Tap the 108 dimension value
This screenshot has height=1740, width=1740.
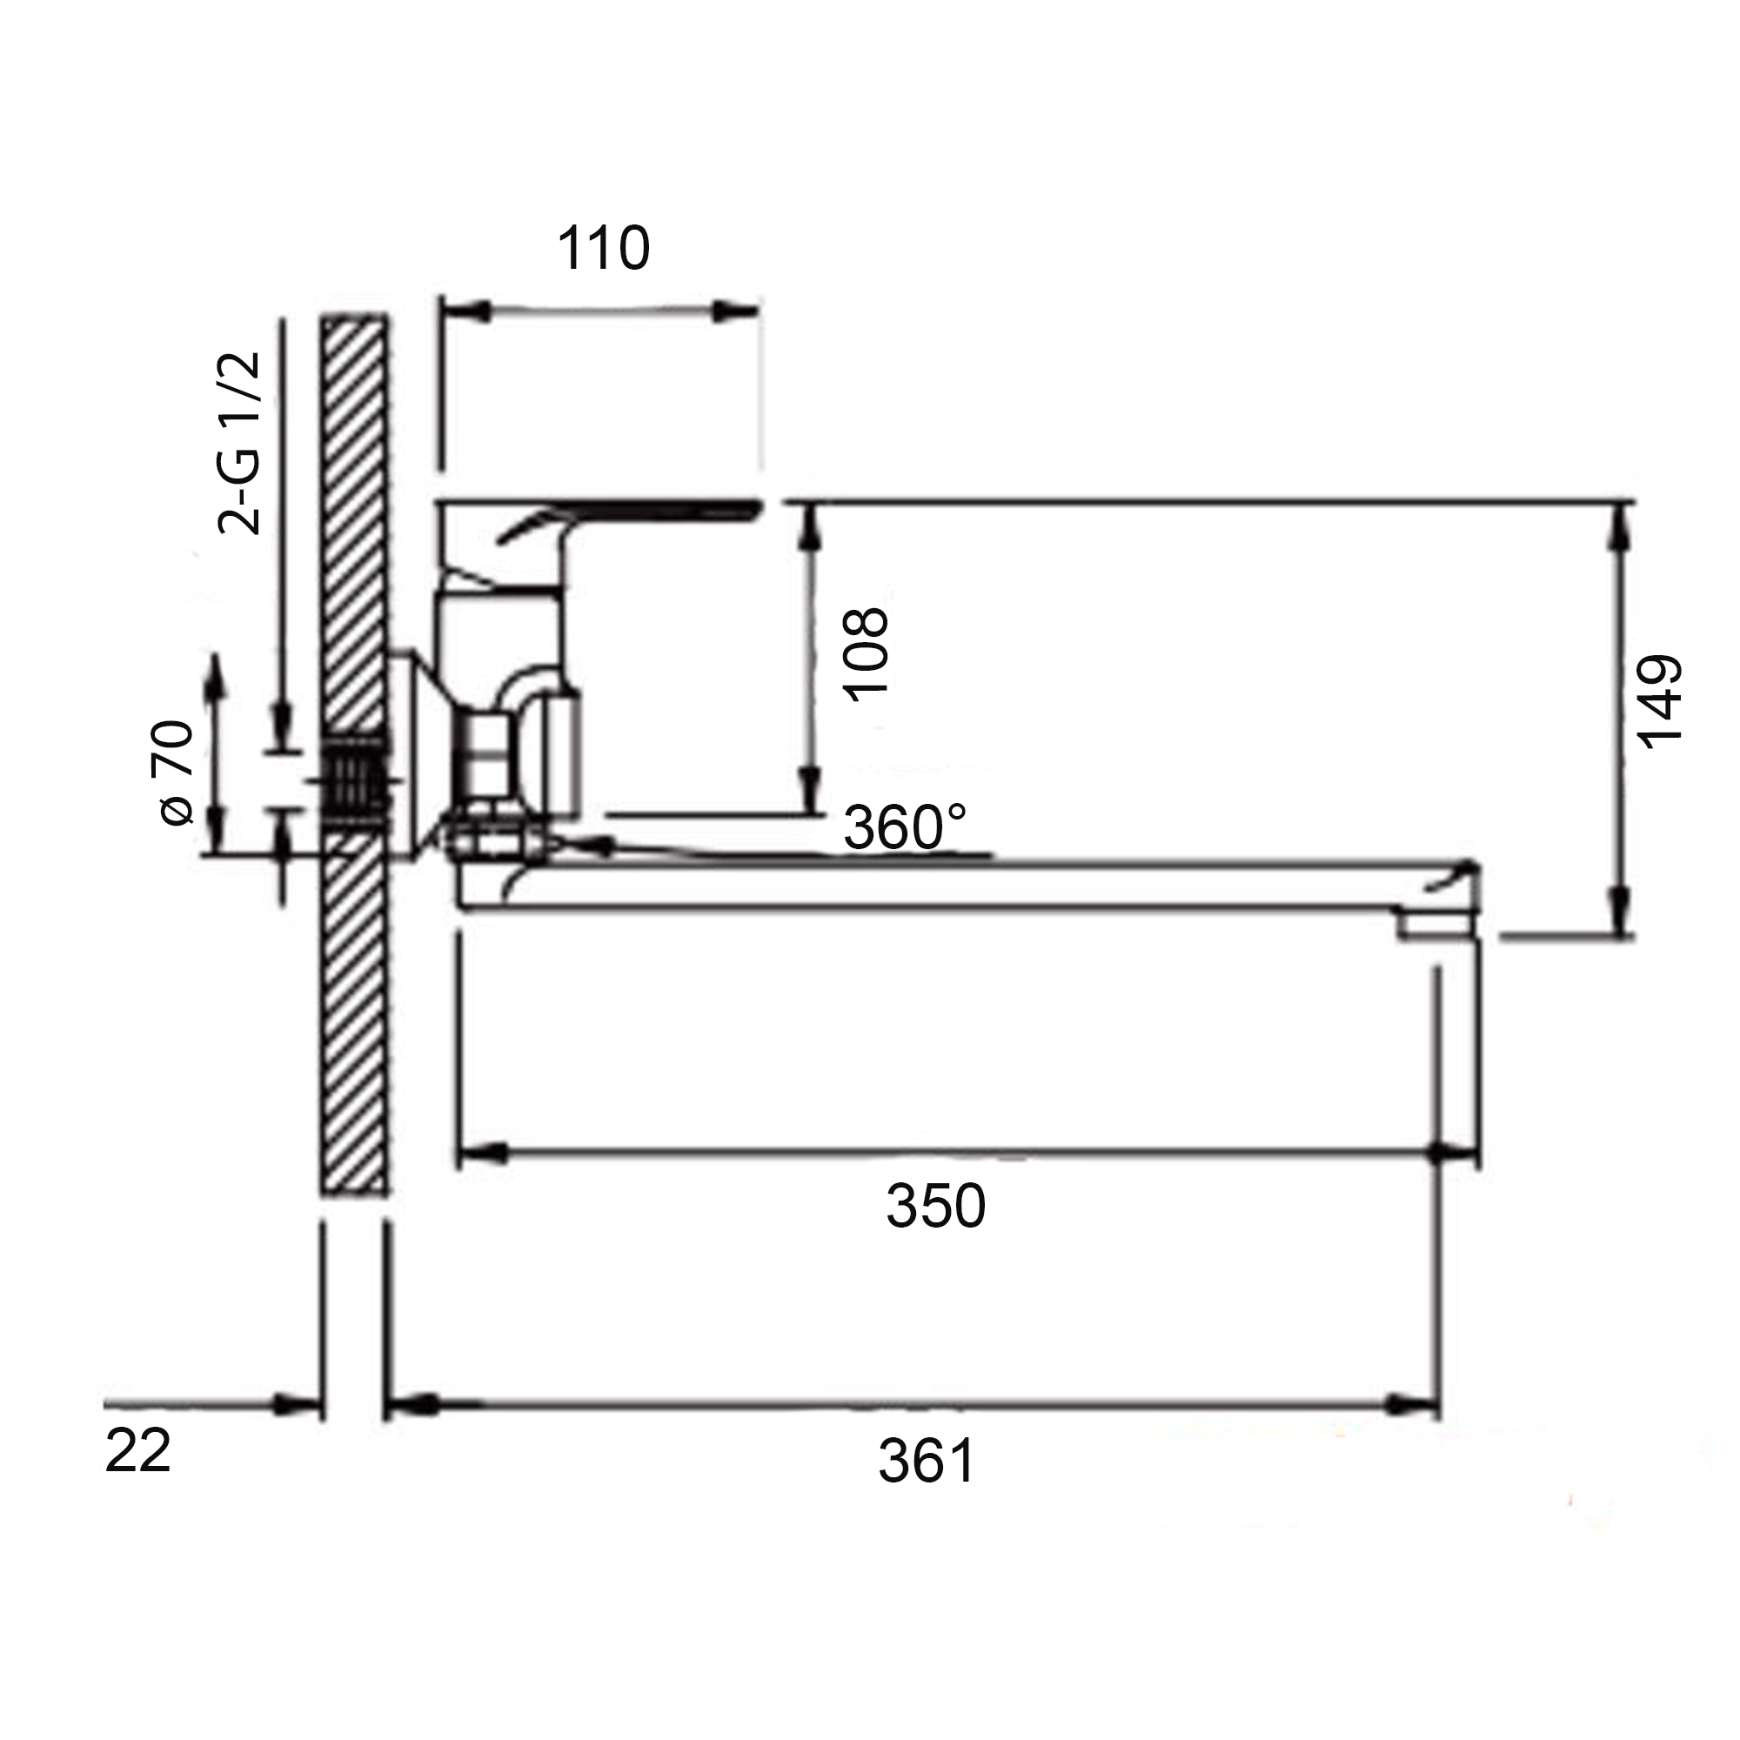click(866, 653)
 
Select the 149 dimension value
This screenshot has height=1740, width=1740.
click(1659, 701)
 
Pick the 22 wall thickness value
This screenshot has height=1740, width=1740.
click(137, 1452)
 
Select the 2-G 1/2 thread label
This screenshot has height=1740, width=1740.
click(239, 443)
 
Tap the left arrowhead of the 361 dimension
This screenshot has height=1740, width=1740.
click(411, 1404)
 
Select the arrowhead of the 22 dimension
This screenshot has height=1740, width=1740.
click(298, 1404)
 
